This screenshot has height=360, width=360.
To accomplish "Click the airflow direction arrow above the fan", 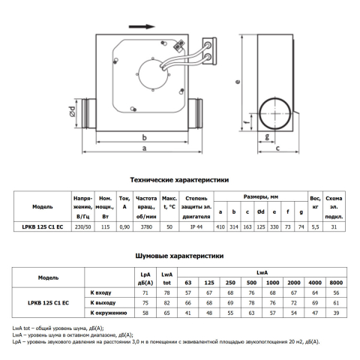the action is coord(142,27).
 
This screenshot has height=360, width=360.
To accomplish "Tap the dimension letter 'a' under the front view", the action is coord(144,148).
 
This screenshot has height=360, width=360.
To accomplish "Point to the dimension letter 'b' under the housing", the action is coord(144,137).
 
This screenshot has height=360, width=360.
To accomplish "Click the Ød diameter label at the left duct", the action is coord(72,112).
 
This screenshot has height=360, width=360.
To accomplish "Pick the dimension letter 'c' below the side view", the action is coord(277,148).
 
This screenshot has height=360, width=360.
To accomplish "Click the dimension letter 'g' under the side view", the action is coord(267,137).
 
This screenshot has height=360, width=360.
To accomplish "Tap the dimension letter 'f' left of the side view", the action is coord(247,122).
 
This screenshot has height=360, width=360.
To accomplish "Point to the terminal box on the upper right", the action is coord(209,51).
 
